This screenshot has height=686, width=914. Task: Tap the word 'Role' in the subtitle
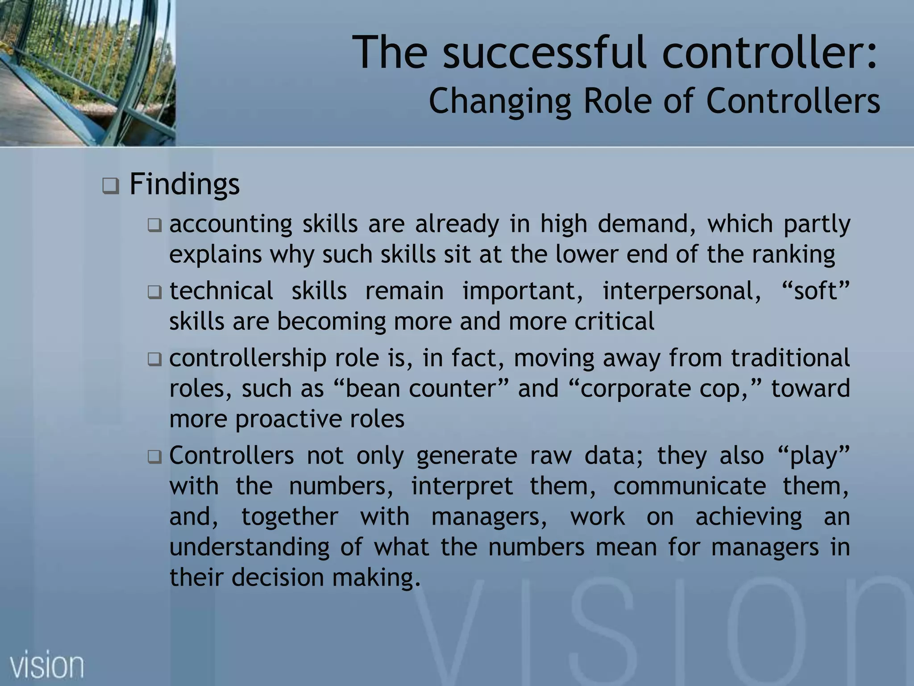pos(619,101)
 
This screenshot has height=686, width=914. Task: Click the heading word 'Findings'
pos(184,184)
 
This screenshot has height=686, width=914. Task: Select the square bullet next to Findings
pos(110,185)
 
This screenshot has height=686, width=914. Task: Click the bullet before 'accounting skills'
pos(154,226)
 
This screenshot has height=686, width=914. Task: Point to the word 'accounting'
pos(230,224)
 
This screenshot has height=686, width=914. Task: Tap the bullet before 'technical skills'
pos(154,293)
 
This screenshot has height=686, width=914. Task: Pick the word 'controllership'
pos(248,358)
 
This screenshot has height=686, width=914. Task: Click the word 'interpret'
pos(461,486)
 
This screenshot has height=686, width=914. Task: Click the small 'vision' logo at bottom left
pos(47,665)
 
